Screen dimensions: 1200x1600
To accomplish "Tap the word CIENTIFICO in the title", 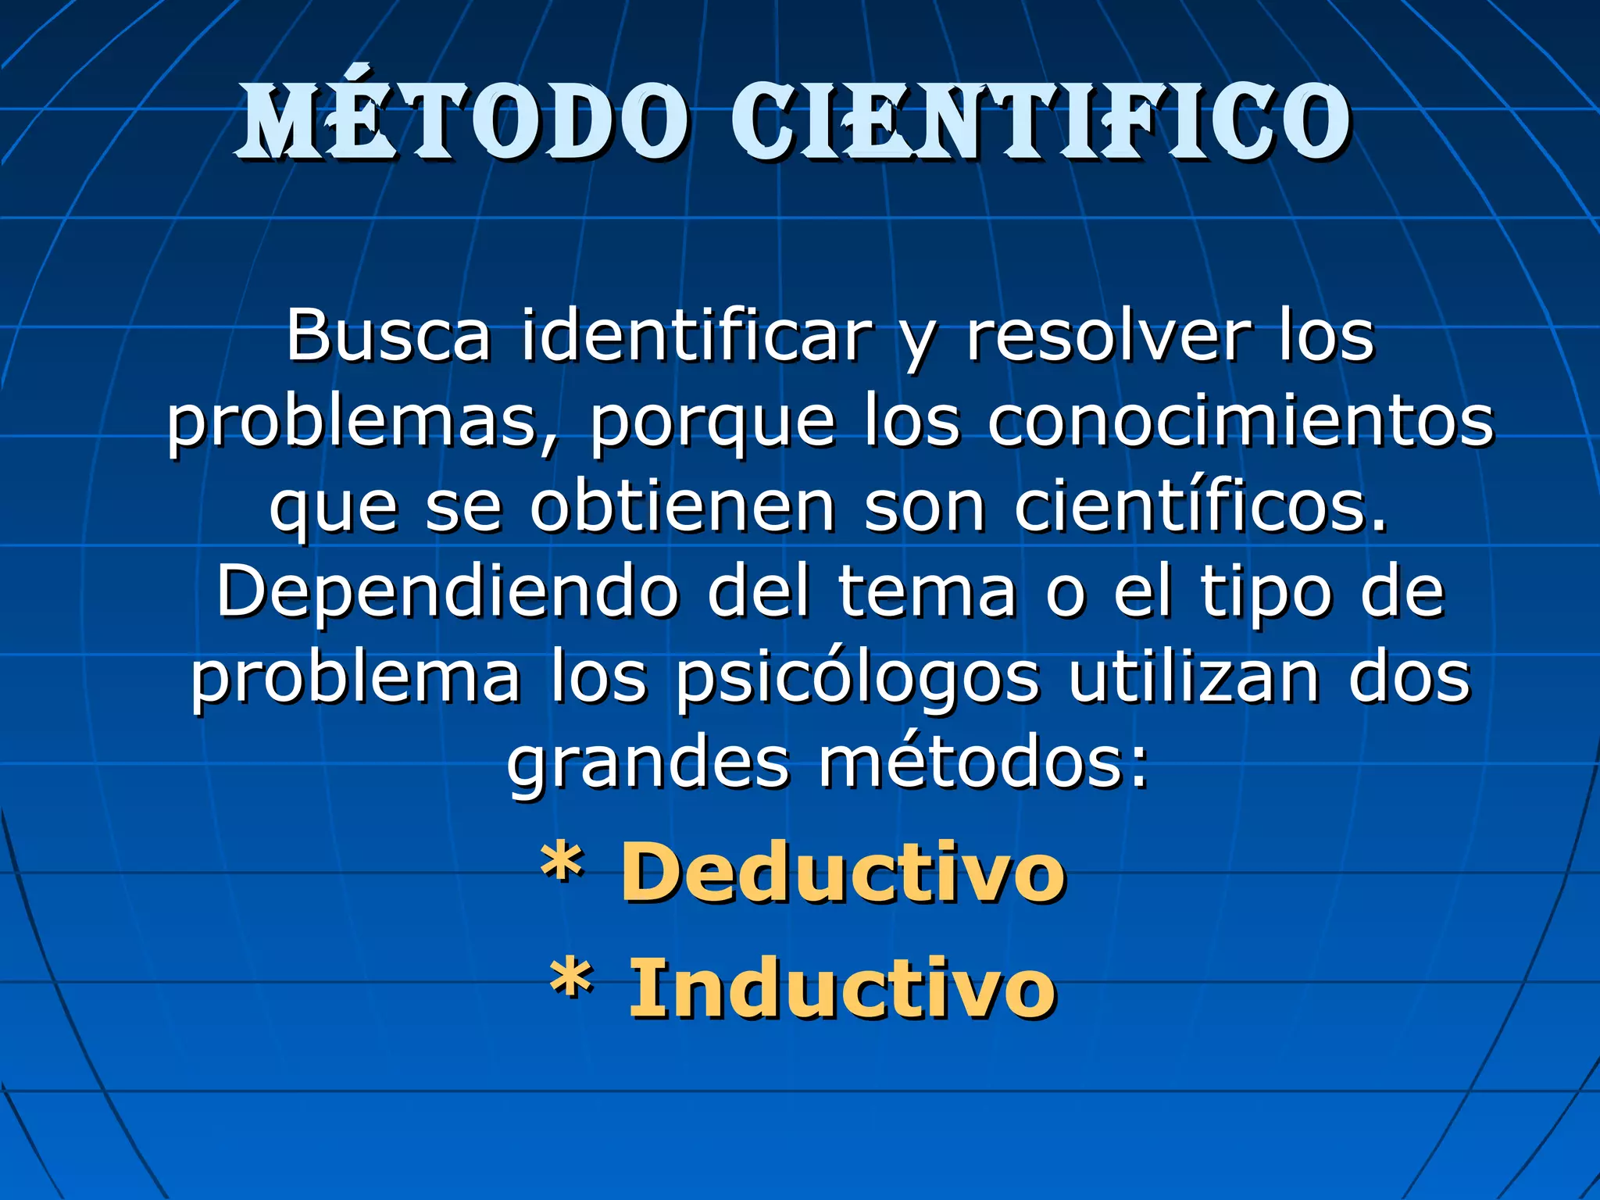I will pyautogui.click(x=1040, y=121).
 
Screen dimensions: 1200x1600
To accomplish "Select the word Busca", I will pyautogui.click(x=388, y=336).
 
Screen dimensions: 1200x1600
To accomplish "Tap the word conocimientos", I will pyautogui.click(x=1241, y=422).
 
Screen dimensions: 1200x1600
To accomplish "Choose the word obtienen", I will pyautogui.click(x=683, y=508).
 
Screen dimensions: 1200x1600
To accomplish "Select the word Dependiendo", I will pyautogui.click(x=448, y=594).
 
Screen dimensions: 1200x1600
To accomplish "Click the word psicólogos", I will pyautogui.click(x=857, y=680).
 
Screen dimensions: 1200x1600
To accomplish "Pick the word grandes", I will pyautogui.click(x=648, y=766).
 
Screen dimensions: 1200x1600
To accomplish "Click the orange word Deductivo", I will pyautogui.click(x=843, y=873).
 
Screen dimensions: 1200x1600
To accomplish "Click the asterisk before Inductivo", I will pyautogui.click(x=571, y=980).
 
